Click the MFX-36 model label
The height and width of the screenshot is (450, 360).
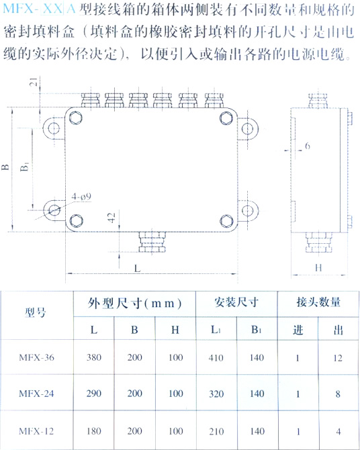click(36, 357)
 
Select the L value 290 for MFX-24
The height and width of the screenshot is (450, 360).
click(94, 393)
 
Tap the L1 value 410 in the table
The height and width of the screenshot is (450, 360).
click(216, 358)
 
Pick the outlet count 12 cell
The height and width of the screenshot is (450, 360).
click(338, 358)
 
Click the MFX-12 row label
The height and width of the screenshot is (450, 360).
click(36, 431)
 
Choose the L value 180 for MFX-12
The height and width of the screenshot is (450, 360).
click(94, 431)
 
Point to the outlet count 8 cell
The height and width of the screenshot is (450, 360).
click(338, 394)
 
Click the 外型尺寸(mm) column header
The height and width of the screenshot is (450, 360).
click(134, 304)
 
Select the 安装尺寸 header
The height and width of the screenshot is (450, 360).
click(236, 302)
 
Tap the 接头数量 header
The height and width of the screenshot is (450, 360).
click(318, 302)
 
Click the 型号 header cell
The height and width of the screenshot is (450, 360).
click(36, 312)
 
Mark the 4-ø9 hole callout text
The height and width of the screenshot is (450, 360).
click(81, 197)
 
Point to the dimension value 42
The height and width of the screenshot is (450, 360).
click(112, 217)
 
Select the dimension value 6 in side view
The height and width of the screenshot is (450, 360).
click(308, 146)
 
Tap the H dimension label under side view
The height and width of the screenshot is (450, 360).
click(318, 268)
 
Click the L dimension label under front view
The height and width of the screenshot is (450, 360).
click(138, 269)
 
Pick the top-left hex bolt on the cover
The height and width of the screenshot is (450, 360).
click(76, 118)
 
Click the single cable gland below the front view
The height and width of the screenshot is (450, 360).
click(152, 242)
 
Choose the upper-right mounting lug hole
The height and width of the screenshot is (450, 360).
click(247, 129)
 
